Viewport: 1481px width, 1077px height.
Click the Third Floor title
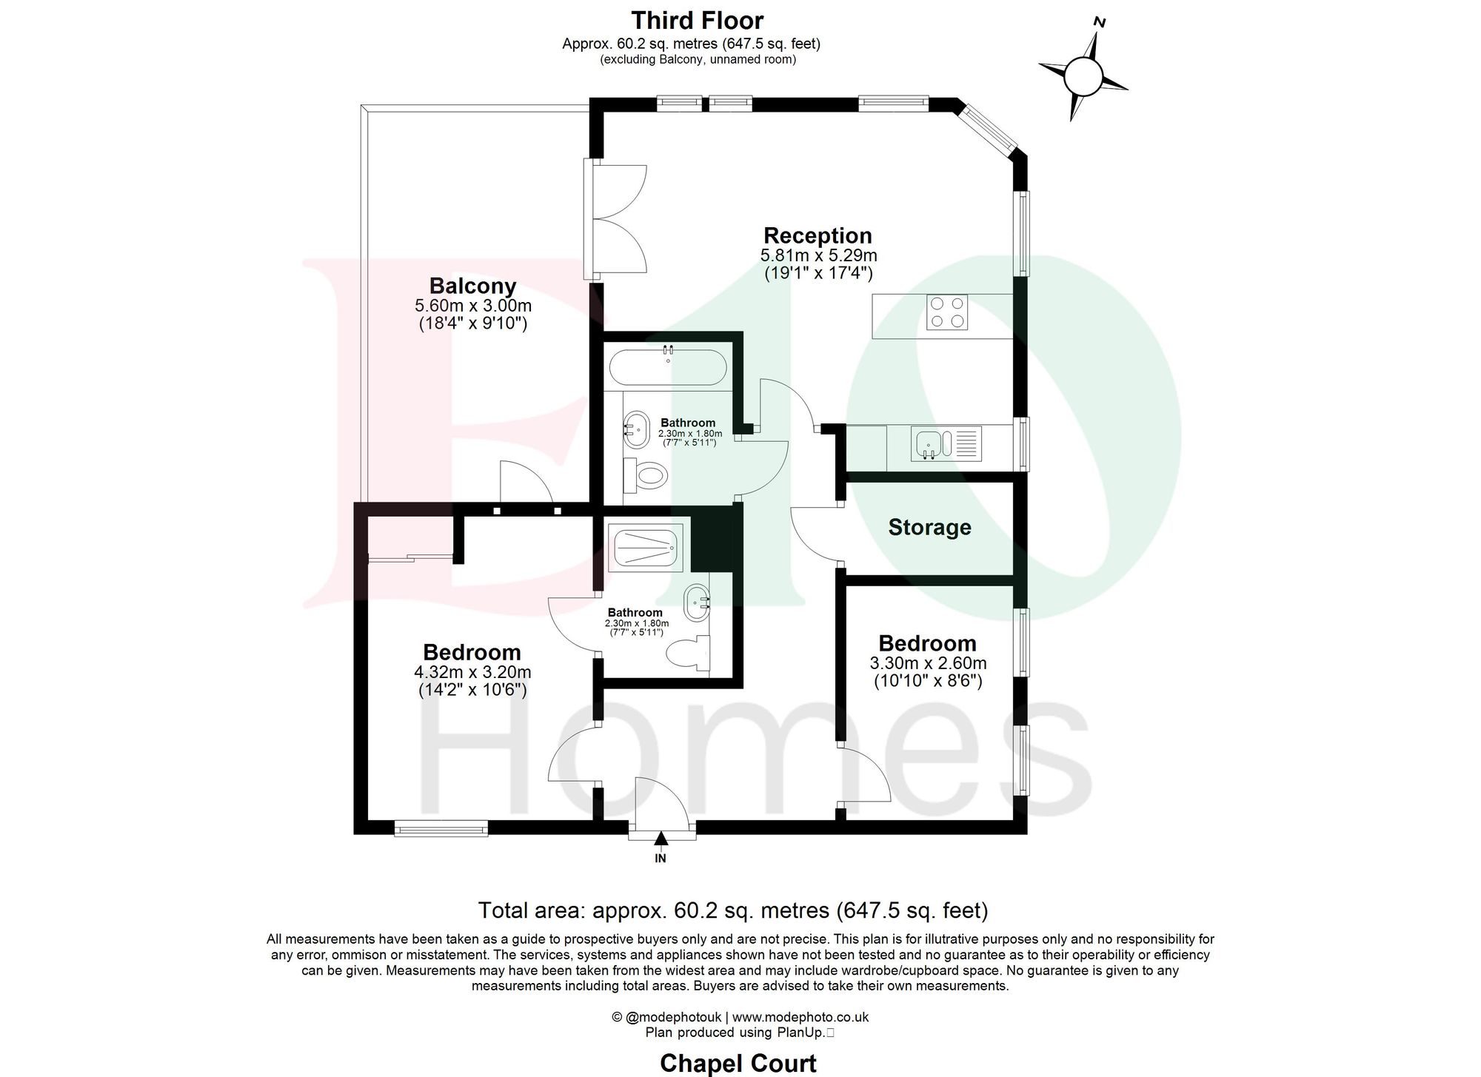(697, 20)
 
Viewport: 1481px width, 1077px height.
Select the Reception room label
(818, 236)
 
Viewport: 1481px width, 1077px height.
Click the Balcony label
(472, 286)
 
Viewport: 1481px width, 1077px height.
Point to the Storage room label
(929, 527)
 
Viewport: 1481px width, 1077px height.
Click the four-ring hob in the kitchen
(946, 312)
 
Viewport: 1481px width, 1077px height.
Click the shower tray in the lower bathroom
(645, 548)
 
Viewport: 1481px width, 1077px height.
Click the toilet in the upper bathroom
(647, 474)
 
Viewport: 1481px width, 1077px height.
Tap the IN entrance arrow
(661, 839)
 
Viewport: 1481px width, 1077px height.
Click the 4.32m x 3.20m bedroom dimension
(472, 673)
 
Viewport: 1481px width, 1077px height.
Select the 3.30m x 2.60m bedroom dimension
(927, 664)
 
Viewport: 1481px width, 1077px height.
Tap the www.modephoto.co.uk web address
(800, 1017)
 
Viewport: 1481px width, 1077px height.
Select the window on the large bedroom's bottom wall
(441, 828)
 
